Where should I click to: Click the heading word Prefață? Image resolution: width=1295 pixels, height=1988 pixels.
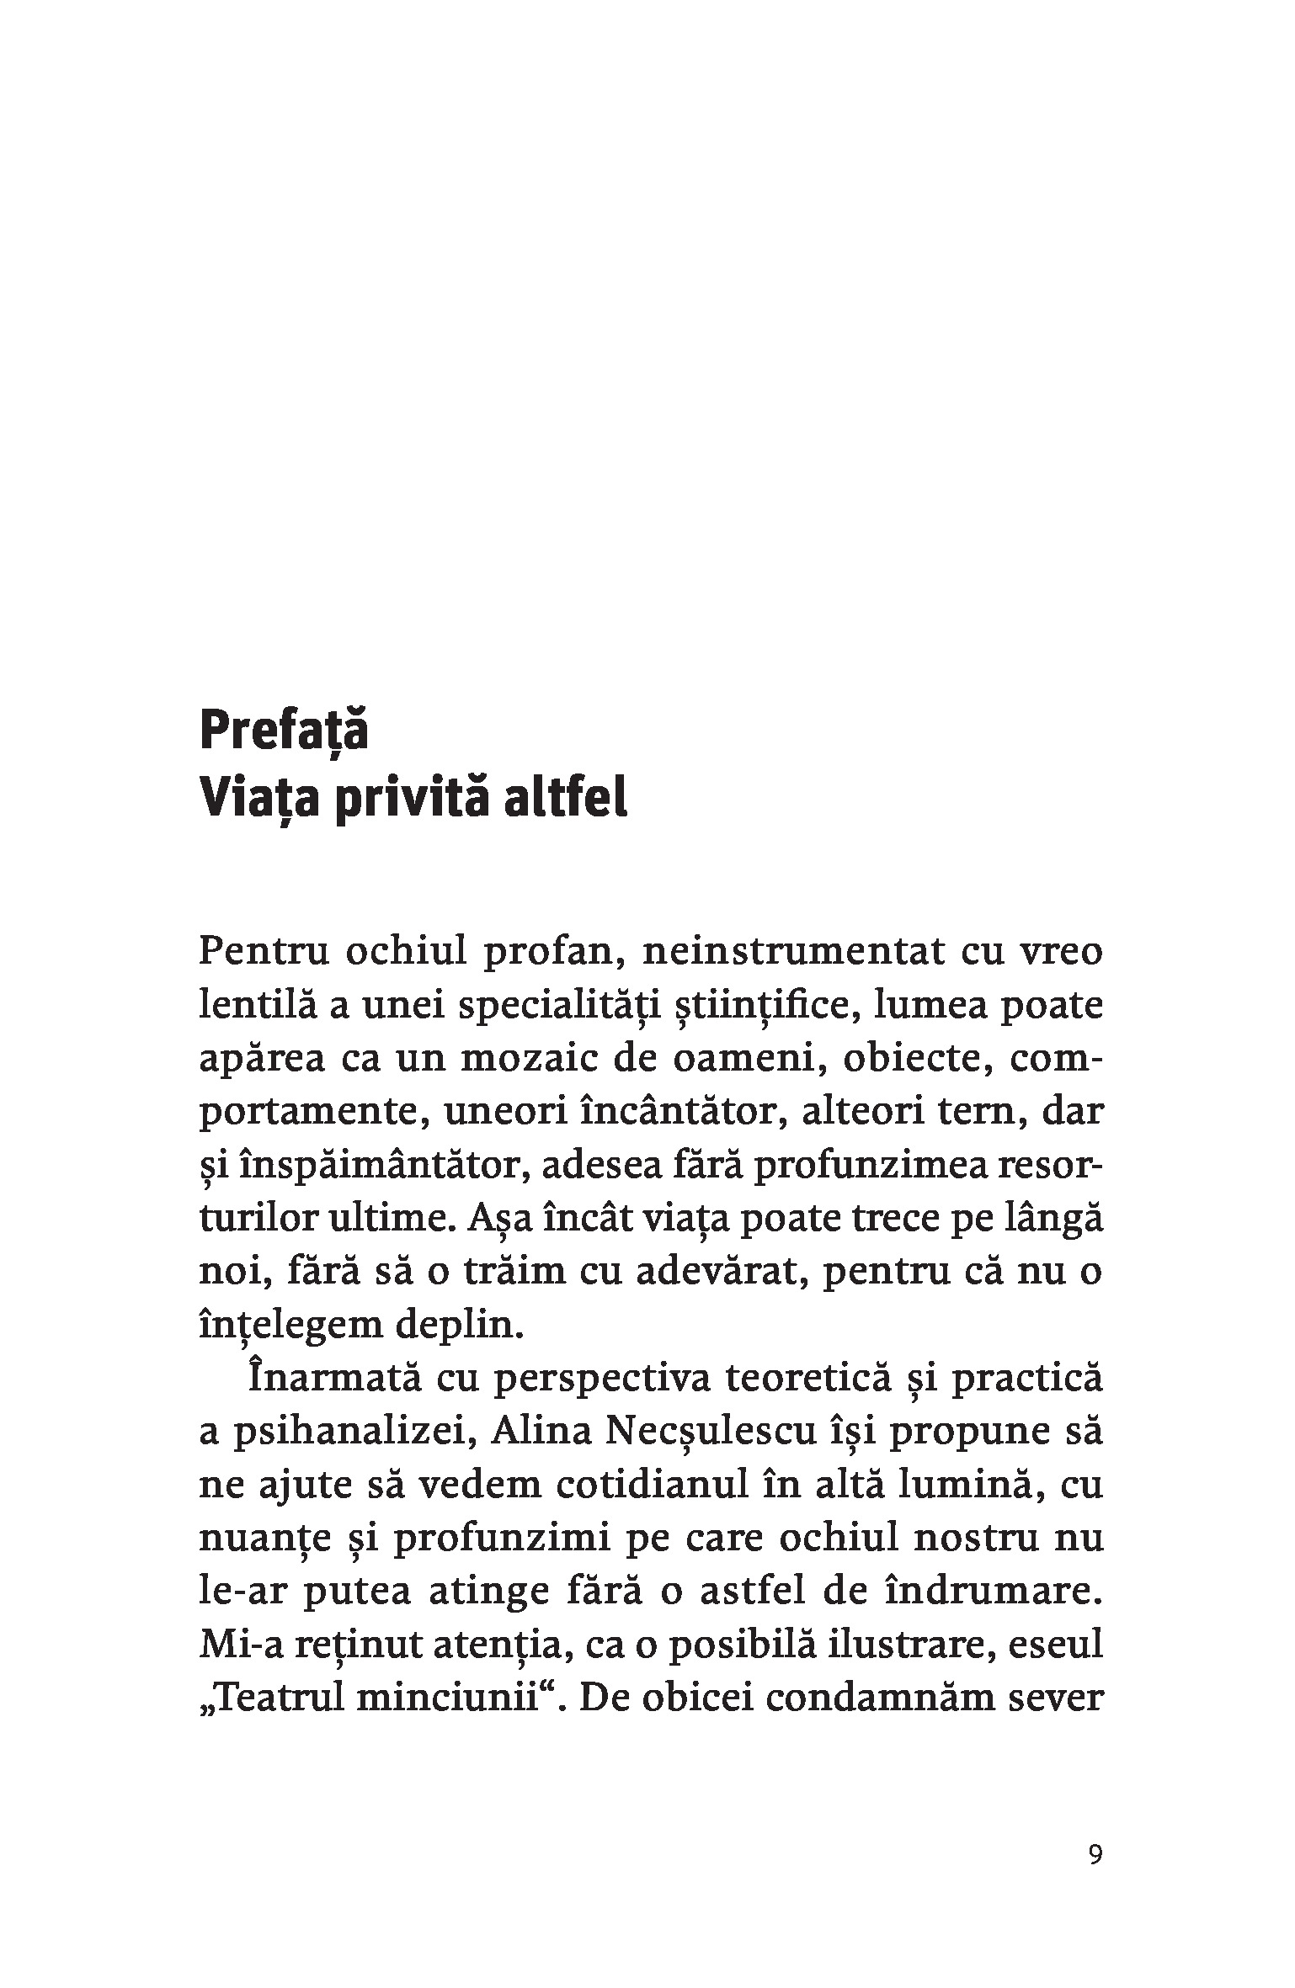[x=284, y=731]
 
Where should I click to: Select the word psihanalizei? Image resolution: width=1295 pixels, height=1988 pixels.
[x=348, y=1434]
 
